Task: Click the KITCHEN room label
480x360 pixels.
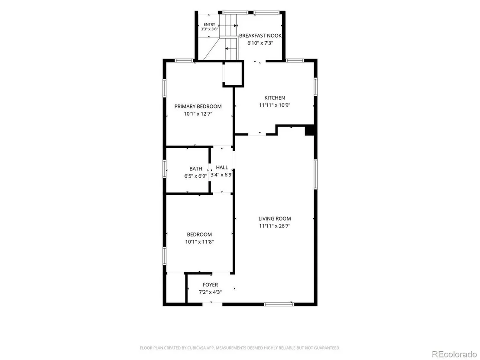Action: click(x=275, y=97)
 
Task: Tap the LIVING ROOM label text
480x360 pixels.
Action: click(x=275, y=219)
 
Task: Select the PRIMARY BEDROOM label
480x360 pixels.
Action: click(x=198, y=107)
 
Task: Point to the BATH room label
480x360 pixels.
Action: click(x=196, y=169)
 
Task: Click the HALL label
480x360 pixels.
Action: click(x=222, y=168)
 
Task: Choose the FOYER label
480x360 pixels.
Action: click(x=210, y=285)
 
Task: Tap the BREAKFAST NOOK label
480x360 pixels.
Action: click(x=260, y=36)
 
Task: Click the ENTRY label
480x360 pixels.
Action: click(x=209, y=25)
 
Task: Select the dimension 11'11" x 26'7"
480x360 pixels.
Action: click(x=275, y=226)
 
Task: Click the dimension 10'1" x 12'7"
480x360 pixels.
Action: click(x=198, y=114)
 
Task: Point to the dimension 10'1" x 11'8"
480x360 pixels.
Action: click(x=199, y=242)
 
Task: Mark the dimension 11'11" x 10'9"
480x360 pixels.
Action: click(x=275, y=105)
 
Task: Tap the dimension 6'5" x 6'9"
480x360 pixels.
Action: click(x=196, y=176)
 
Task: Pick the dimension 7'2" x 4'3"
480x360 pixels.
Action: click(x=210, y=292)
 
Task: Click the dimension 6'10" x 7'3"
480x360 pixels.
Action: click(x=260, y=43)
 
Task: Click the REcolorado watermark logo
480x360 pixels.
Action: click(x=454, y=354)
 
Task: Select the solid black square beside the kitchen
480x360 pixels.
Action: click(x=310, y=130)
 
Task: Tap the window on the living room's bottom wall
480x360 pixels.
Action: click(x=279, y=304)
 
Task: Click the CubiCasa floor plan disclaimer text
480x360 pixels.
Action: click(x=240, y=348)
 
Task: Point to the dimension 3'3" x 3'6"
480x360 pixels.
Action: click(x=209, y=29)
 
